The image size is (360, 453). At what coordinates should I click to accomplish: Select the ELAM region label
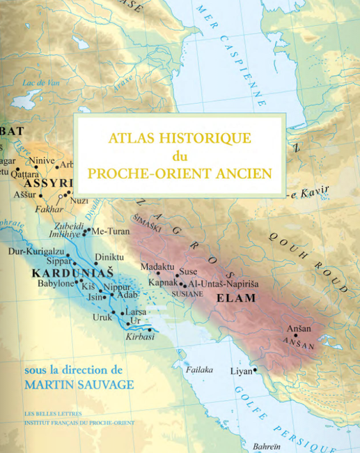point(236,298)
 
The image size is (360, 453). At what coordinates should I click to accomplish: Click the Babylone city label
point(55,284)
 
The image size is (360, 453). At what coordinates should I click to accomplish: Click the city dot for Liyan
point(255,370)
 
